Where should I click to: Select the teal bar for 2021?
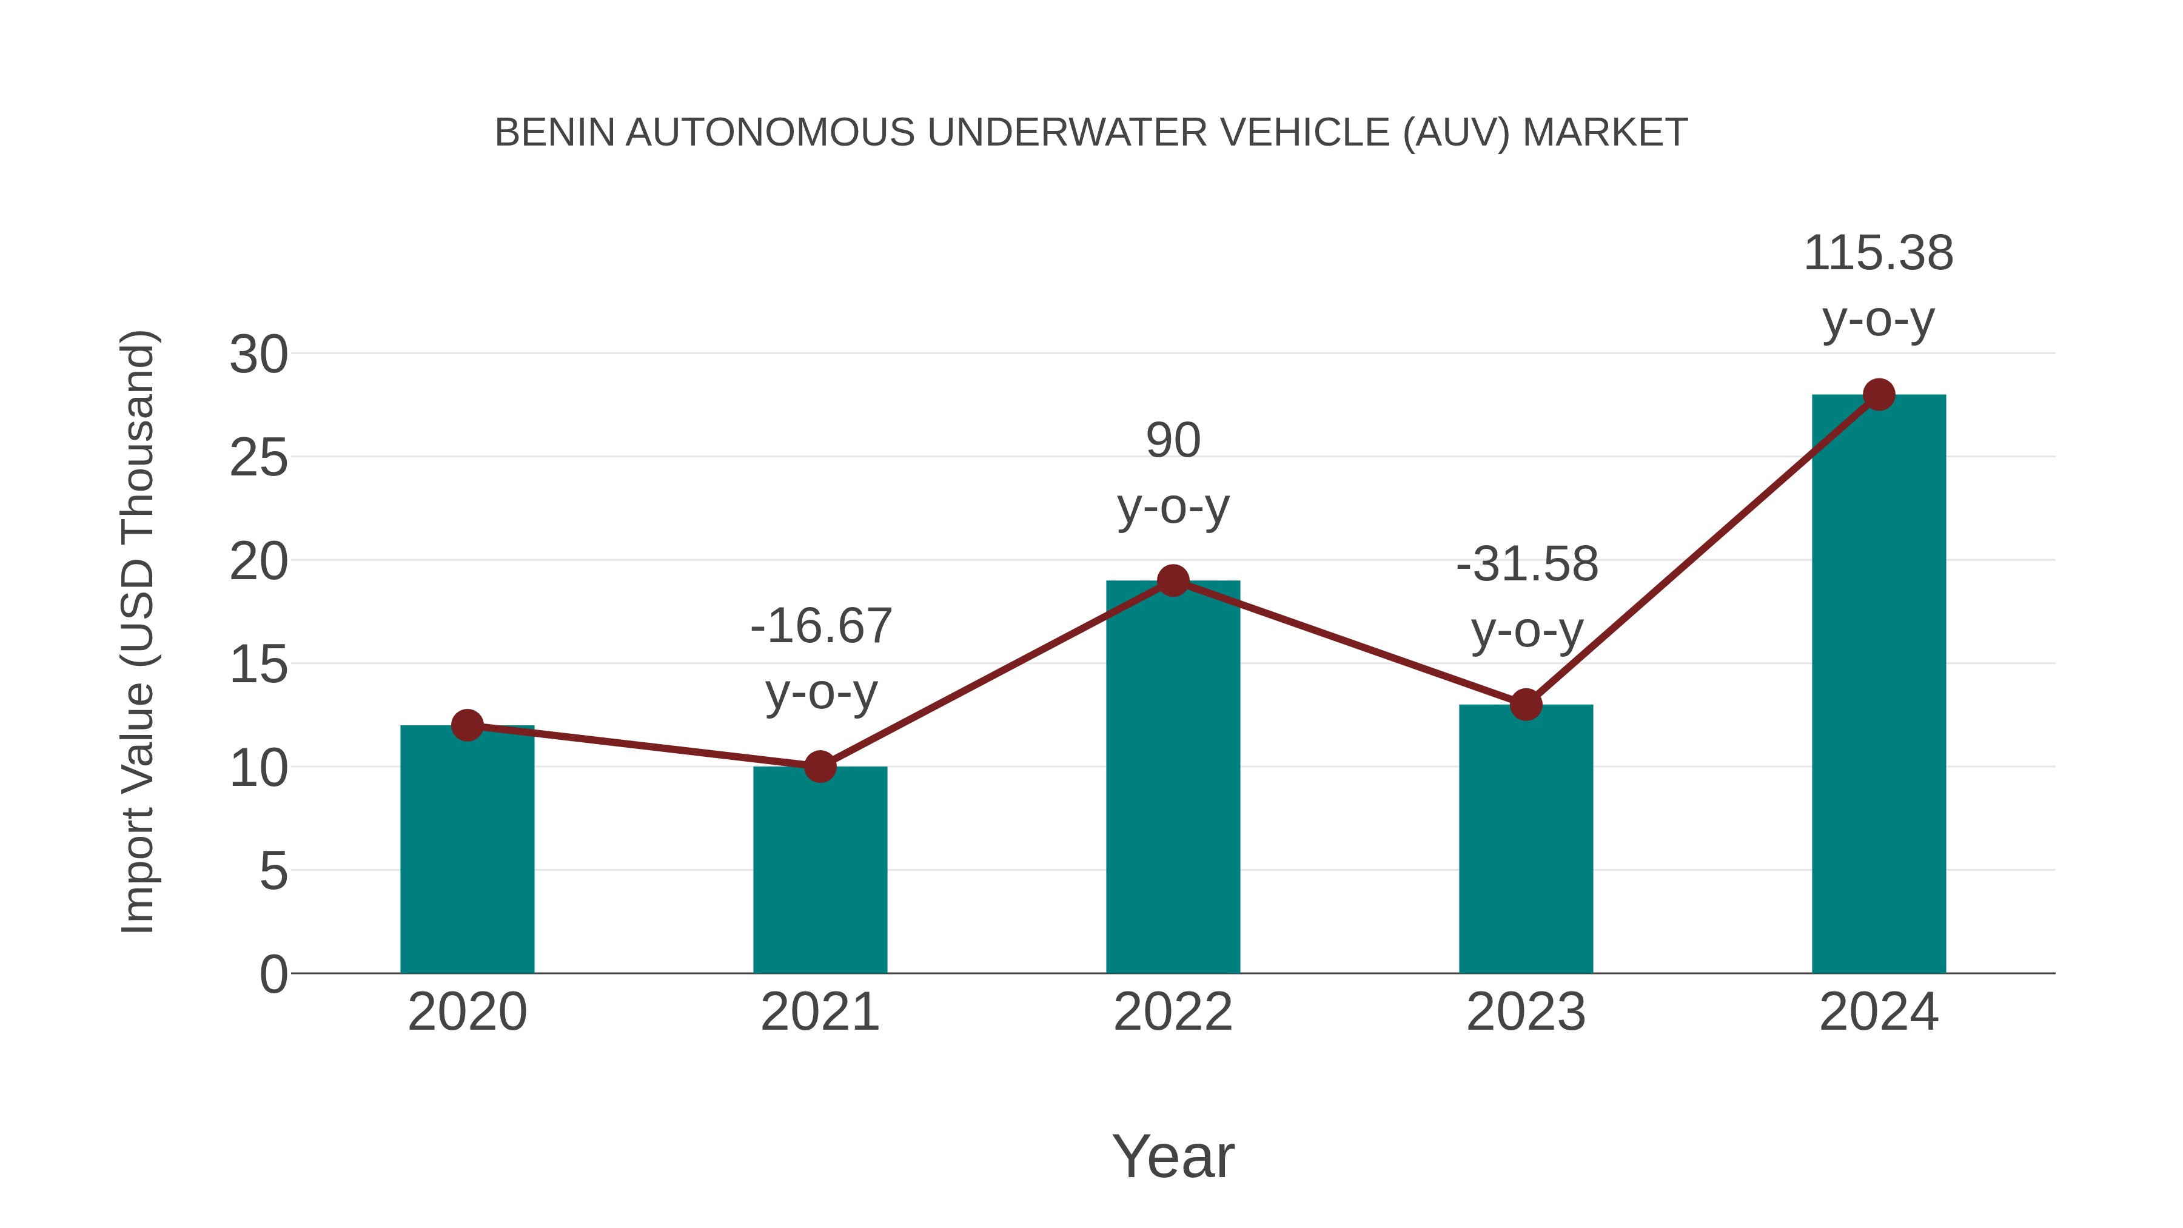pos(819,870)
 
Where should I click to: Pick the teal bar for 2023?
pos(1526,839)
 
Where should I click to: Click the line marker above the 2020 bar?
pos(467,725)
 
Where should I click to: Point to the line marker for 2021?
pos(819,767)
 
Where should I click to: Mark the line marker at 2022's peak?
pos(1173,580)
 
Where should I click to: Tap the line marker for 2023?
pos(1526,704)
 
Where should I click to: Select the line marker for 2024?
pos(1879,394)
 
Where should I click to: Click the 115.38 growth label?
pos(1879,253)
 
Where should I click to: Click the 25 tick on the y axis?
pos(258,458)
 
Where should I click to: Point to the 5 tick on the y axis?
pos(273,871)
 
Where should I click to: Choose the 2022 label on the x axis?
pos(1173,1012)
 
